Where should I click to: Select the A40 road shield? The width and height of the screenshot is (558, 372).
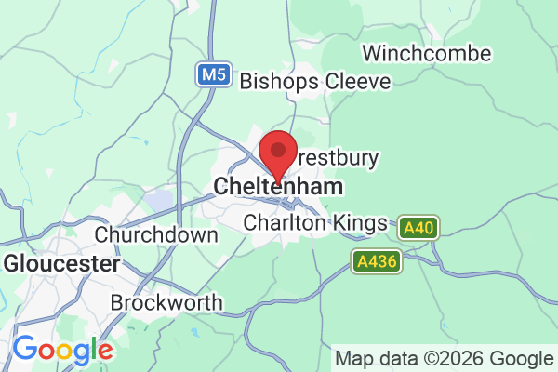(418, 226)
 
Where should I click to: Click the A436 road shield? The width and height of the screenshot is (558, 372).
(379, 262)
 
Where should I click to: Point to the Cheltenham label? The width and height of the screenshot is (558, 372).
(278, 187)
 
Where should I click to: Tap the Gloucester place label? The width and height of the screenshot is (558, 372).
(61, 264)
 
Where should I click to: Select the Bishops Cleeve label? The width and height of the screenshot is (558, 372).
(315, 82)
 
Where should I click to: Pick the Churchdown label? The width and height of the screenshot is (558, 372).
(156, 234)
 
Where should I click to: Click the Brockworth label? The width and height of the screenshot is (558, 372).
(166, 303)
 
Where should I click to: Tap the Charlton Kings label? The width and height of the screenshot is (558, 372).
(314, 223)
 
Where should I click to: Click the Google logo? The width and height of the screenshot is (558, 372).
(62, 351)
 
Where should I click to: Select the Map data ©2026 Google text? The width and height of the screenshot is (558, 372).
(444, 358)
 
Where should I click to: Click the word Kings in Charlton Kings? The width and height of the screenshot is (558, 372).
(361, 223)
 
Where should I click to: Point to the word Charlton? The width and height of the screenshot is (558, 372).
(286, 223)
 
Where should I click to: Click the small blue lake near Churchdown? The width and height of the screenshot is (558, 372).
(159, 200)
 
